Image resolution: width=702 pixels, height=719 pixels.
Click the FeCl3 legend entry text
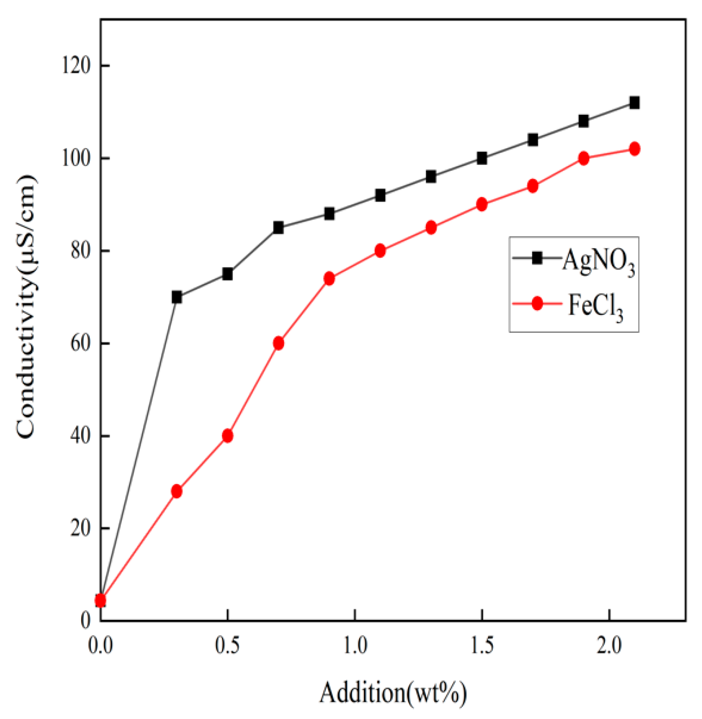click(x=595, y=305)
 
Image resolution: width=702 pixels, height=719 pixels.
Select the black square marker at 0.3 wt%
click(x=176, y=297)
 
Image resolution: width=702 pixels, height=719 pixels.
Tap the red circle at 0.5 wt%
click(x=228, y=436)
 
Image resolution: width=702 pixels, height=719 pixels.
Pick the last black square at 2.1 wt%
click(x=634, y=103)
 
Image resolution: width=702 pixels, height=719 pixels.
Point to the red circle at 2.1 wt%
click(x=634, y=149)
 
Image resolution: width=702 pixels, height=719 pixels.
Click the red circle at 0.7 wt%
click(x=278, y=343)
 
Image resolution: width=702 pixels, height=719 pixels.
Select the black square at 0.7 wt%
click(x=278, y=228)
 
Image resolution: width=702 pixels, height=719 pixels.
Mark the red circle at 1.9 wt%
click(x=584, y=159)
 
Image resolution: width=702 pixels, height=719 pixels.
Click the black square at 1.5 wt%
click(x=482, y=159)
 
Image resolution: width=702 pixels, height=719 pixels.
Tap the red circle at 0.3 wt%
click(x=176, y=491)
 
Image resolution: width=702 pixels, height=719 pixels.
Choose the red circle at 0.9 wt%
click(x=329, y=279)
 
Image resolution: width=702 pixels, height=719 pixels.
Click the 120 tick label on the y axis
click(x=76, y=66)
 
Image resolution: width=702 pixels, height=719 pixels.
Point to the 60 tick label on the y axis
click(x=80, y=343)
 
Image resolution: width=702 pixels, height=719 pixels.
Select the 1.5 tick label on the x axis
click(x=482, y=646)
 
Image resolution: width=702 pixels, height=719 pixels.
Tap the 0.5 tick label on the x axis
click(x=228, y=646)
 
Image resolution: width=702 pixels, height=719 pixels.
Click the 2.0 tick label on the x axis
click(x=609, y=646)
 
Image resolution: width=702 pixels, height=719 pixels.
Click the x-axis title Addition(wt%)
click(x=393, y=693)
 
